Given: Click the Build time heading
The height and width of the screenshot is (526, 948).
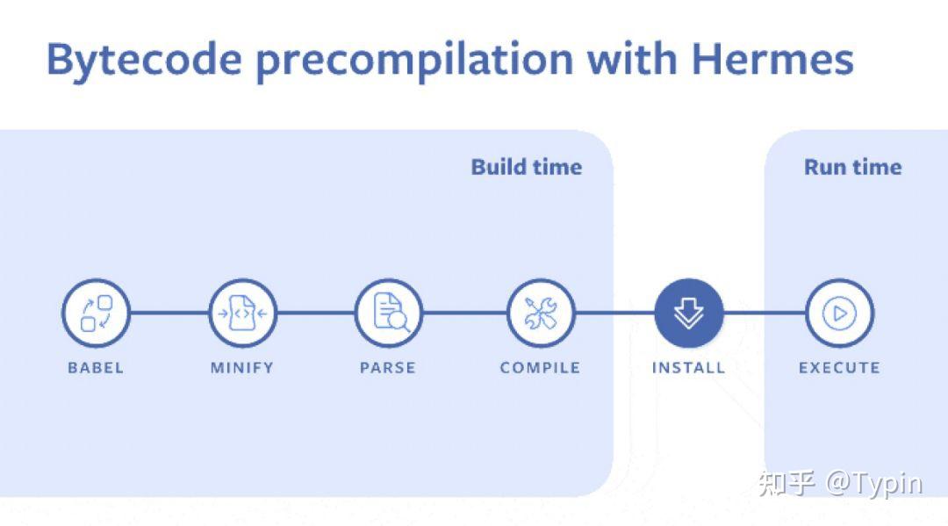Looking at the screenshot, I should coord(526,167).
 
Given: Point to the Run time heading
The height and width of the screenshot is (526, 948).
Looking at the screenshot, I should coord(852,167).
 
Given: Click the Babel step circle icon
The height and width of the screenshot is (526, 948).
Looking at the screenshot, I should coord(97,313).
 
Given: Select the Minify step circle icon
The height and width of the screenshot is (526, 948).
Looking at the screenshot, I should coord(242,313).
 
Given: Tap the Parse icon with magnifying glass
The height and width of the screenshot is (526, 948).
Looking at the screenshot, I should coord(389,313).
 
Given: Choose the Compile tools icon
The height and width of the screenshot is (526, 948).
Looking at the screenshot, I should coord(540,313).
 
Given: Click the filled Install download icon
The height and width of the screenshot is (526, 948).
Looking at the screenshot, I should coord(689,313).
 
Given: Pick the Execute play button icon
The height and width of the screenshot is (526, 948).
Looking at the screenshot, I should coord(839,313).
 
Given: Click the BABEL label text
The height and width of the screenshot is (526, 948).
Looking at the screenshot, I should coord(96,368).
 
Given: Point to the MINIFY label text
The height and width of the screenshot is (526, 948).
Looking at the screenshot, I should coord(242,368).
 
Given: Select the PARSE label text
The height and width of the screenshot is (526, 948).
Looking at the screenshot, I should coord(388,368).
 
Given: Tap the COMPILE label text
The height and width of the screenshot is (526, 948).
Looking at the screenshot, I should coord(540,368).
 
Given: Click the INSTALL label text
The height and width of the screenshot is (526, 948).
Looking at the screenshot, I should coord(689,368).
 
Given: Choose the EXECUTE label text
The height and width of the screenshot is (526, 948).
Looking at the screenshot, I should coord(839,368).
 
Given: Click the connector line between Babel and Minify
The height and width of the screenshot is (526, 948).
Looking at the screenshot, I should coord(169,313).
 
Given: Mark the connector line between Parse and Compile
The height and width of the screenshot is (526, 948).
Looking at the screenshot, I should coord(464,313).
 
